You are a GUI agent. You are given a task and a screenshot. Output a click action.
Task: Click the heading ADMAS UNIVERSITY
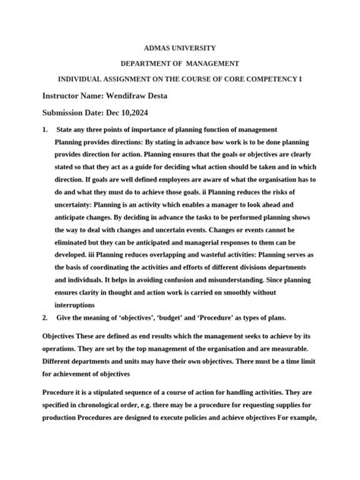coord(179,47)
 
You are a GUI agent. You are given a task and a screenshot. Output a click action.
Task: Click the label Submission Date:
coord(74,113)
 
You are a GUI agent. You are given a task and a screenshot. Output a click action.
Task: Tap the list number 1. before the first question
coord(46,130)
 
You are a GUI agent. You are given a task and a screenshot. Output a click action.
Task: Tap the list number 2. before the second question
coord(46,317)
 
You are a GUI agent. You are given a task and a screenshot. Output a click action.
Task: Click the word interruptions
coord(81,303)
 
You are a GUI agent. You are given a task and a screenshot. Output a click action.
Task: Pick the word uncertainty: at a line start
coord(81,207)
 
